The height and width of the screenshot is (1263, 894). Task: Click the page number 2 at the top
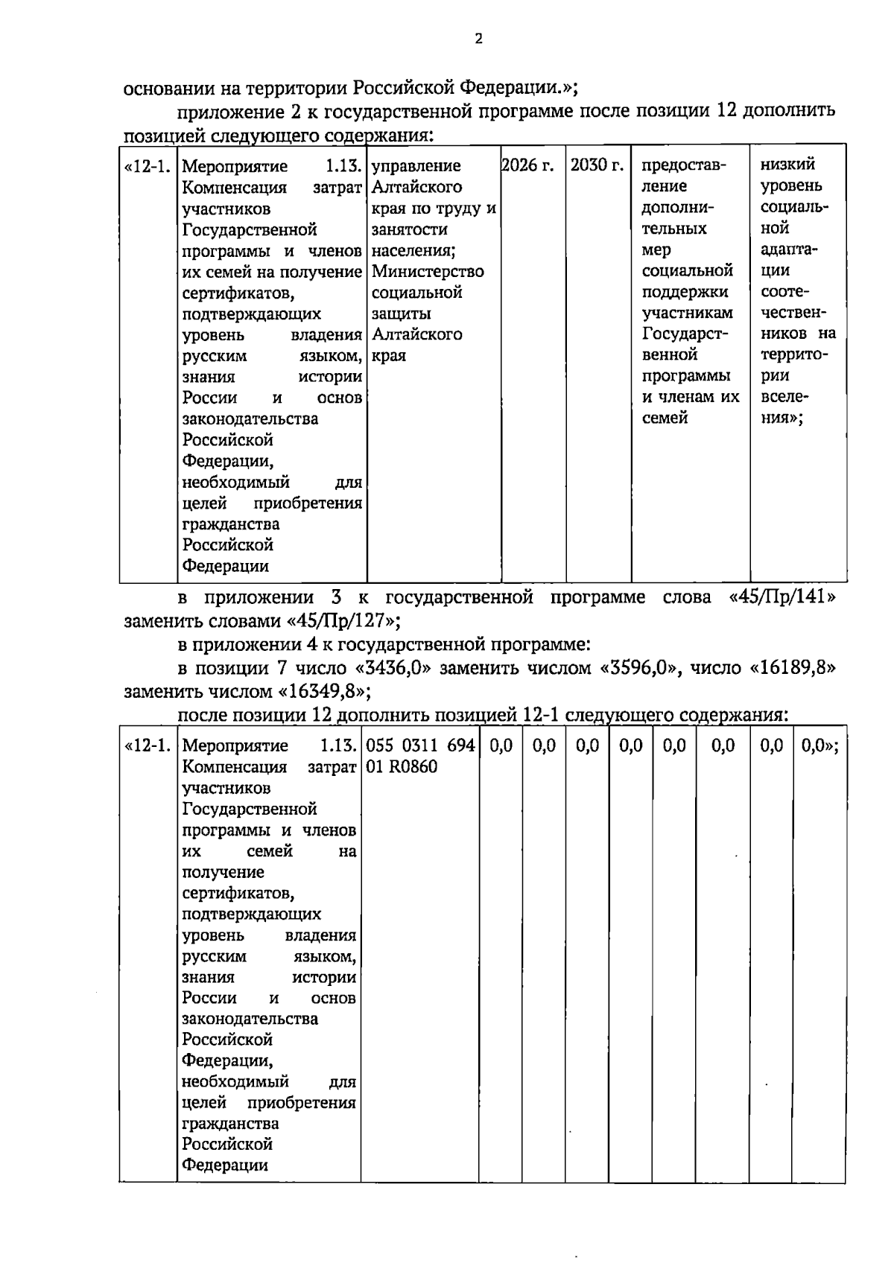[478, 39]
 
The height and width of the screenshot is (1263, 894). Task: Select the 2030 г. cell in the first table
[597, 165]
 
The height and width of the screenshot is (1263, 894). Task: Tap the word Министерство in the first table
[428, 272]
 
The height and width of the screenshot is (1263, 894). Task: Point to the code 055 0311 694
[419, 745]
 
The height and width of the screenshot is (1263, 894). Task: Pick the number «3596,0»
[638, 668]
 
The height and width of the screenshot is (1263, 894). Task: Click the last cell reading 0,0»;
[819, 745]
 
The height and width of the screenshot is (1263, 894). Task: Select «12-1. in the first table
[148, 165]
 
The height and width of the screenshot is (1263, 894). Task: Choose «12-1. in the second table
[148, 745]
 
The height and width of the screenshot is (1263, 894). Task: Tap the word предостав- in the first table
[683, 165]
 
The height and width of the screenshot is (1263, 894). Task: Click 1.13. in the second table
[337, 745]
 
